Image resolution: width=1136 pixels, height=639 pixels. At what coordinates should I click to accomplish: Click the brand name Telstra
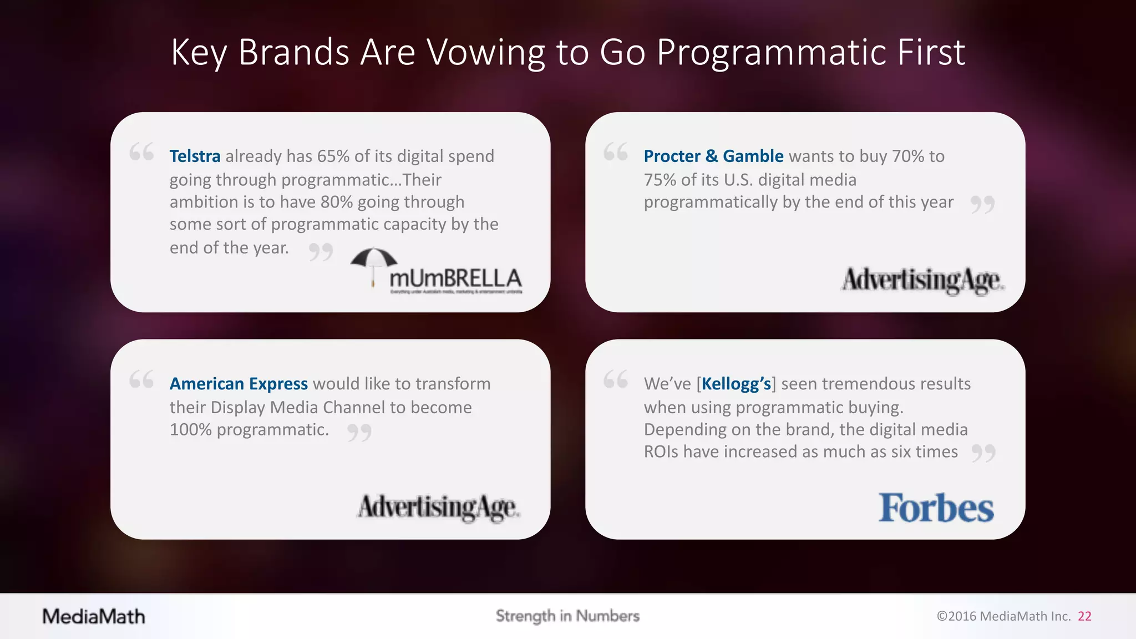click(195, 156)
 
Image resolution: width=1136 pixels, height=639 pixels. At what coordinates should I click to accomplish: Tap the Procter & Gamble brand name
click(713, 156)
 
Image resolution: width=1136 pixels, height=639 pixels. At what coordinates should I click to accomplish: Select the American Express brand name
click(239, 384)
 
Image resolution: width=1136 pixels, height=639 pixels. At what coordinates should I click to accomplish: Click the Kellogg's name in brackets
click(736, 384)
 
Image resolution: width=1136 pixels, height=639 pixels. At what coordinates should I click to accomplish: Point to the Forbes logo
click(936, 508)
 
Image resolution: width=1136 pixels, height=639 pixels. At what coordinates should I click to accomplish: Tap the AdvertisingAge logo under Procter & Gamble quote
click(922, 281)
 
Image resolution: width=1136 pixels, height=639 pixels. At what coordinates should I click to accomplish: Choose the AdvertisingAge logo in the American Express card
click(438, 508)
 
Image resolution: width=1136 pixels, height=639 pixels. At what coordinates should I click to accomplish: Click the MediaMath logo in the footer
click(94, 616)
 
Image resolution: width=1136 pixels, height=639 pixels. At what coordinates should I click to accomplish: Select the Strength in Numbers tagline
click(567, 616)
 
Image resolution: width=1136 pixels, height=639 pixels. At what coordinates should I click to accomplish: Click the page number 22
click(1084, 616)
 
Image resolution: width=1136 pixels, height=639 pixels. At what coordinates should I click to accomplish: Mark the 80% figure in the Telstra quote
click(336, 202)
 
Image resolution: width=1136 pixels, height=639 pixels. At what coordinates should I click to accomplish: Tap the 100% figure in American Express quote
click(190, 429)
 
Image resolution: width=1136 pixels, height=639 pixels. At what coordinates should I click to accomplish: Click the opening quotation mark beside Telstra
click(141, 152)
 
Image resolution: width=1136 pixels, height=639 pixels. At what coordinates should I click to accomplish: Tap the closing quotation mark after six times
click(983, 453)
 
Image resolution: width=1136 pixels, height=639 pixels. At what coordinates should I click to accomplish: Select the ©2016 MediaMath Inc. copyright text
click(1003, 616)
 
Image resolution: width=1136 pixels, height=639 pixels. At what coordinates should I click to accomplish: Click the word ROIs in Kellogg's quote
click(661, 452)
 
